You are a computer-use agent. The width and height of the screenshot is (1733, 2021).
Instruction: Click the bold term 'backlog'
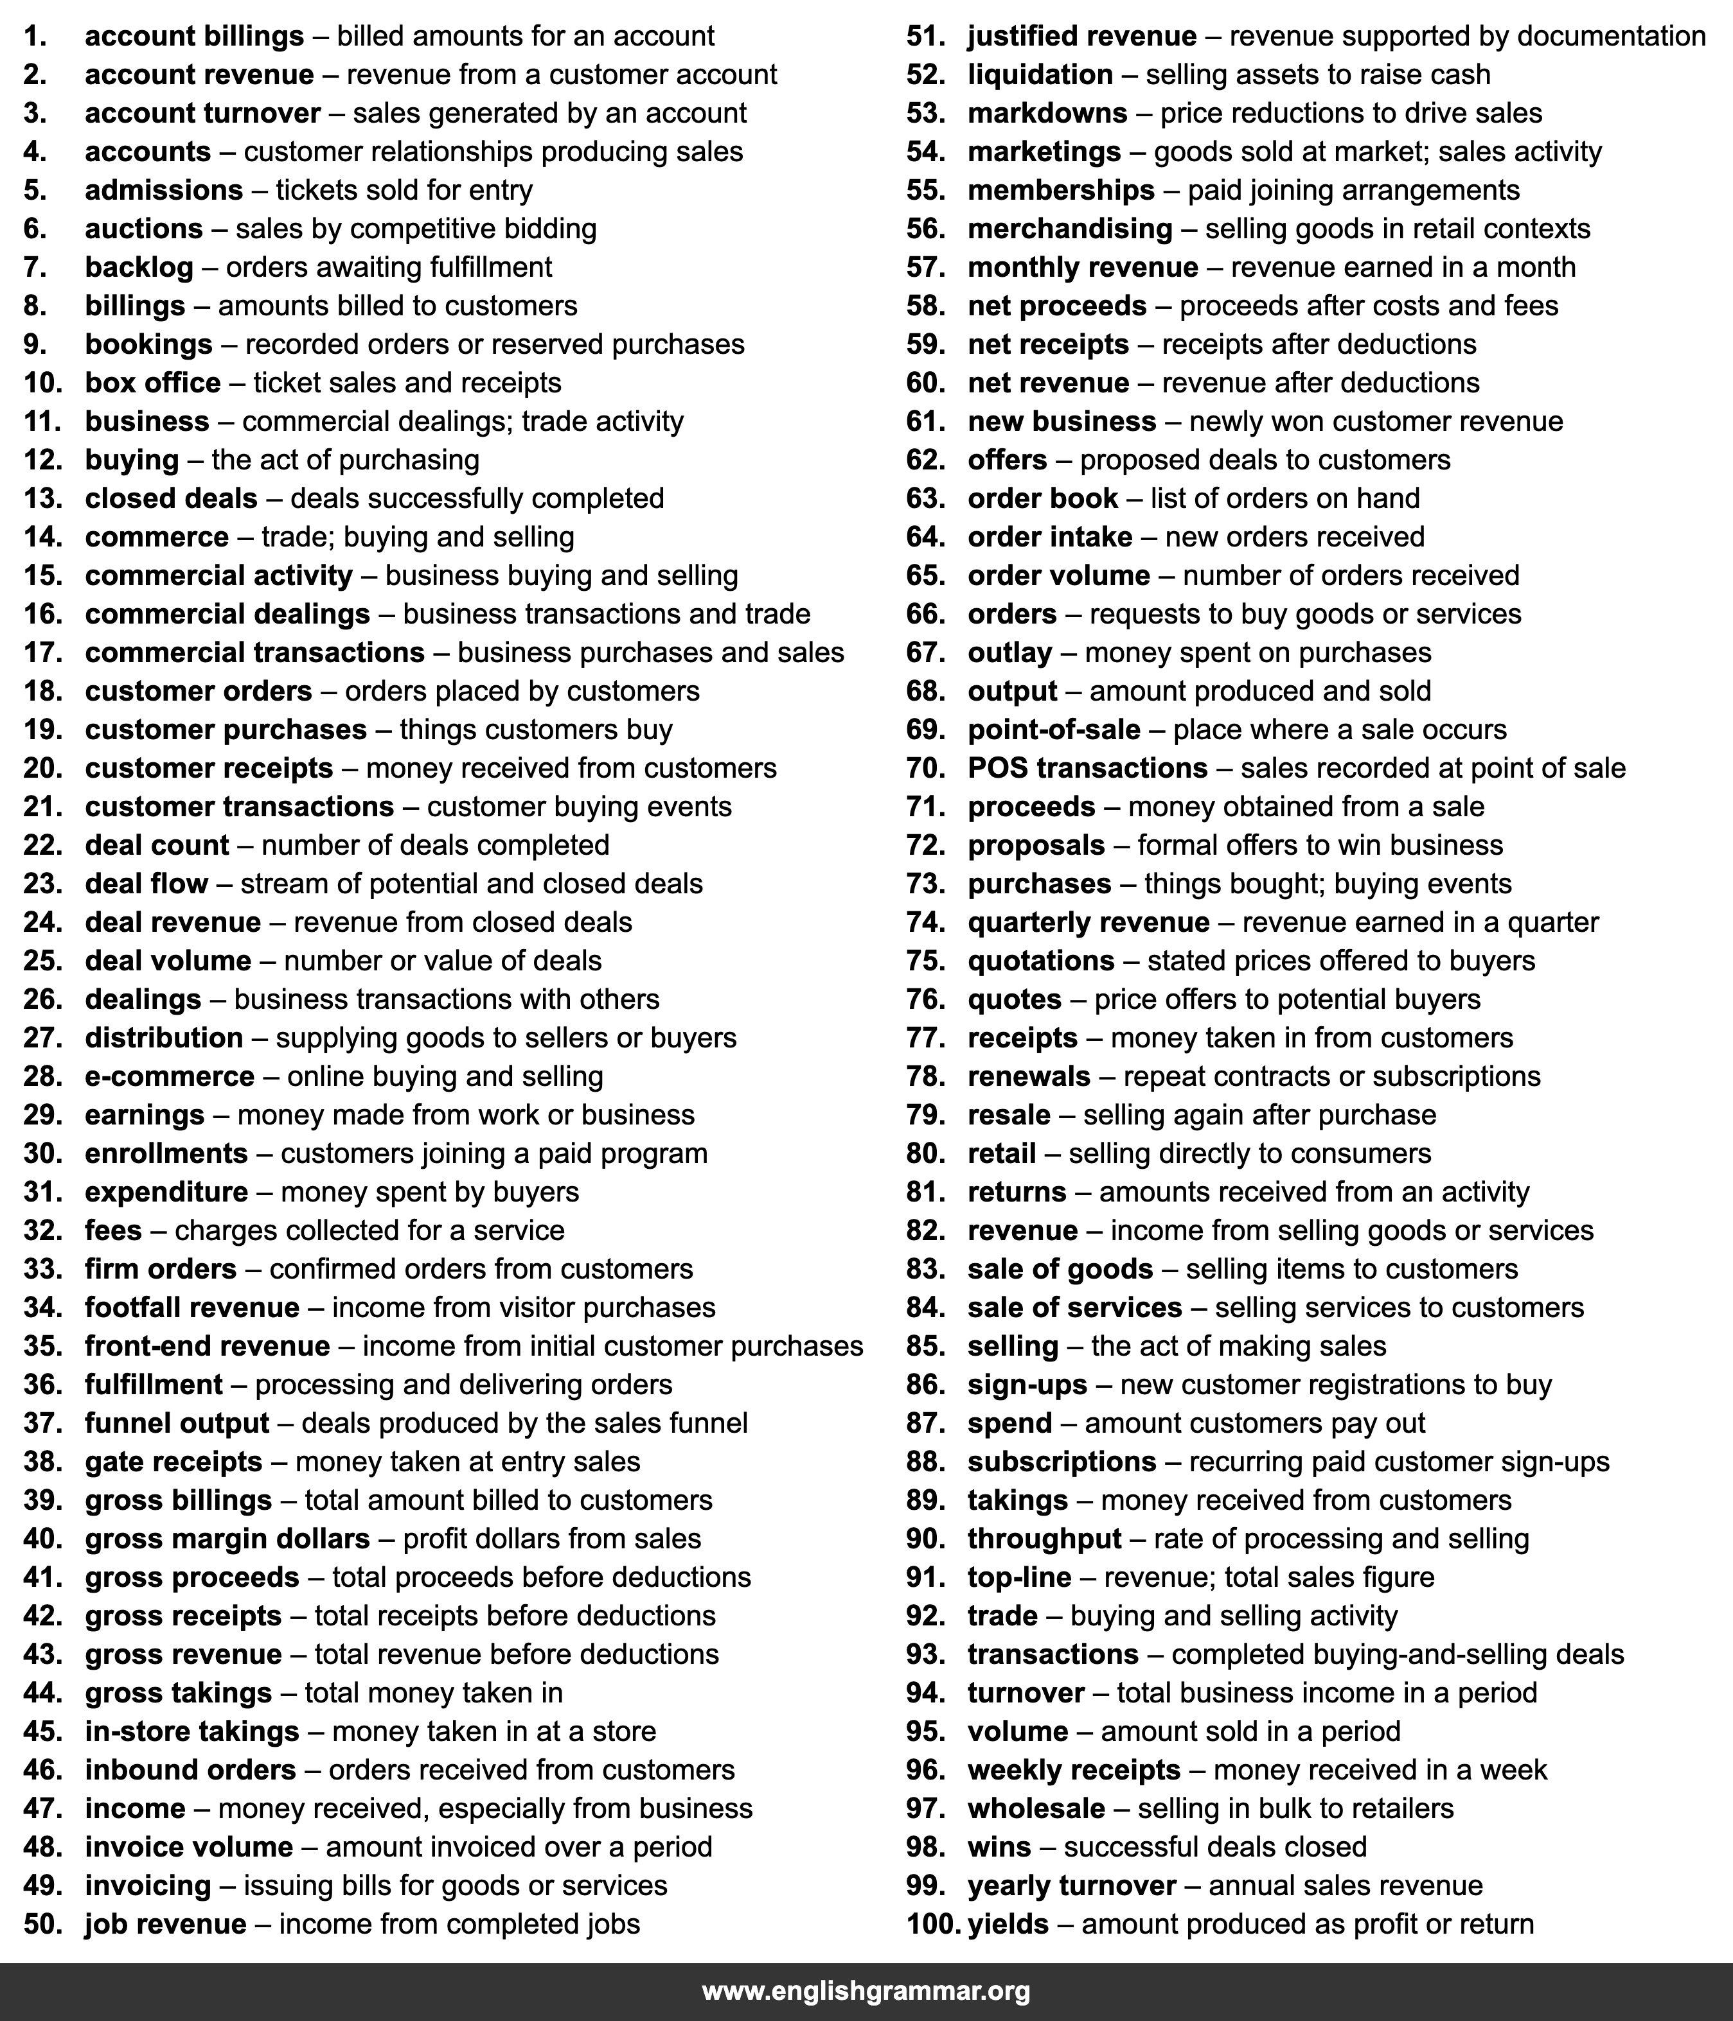[139, 267]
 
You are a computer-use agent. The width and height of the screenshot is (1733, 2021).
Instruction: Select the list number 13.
[43, 498]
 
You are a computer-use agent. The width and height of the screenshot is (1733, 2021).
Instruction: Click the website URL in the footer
[866, 1991]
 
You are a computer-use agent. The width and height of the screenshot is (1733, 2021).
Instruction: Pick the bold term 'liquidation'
[1040, 75]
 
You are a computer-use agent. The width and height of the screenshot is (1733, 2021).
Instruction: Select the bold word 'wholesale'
[1036, 1808]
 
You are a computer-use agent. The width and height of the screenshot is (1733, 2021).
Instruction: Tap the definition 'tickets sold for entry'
[404, 190]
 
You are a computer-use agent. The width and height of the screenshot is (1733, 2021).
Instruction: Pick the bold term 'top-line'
[1018, 1577]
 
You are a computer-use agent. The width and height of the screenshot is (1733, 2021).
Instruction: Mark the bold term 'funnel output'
[177, 1423]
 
